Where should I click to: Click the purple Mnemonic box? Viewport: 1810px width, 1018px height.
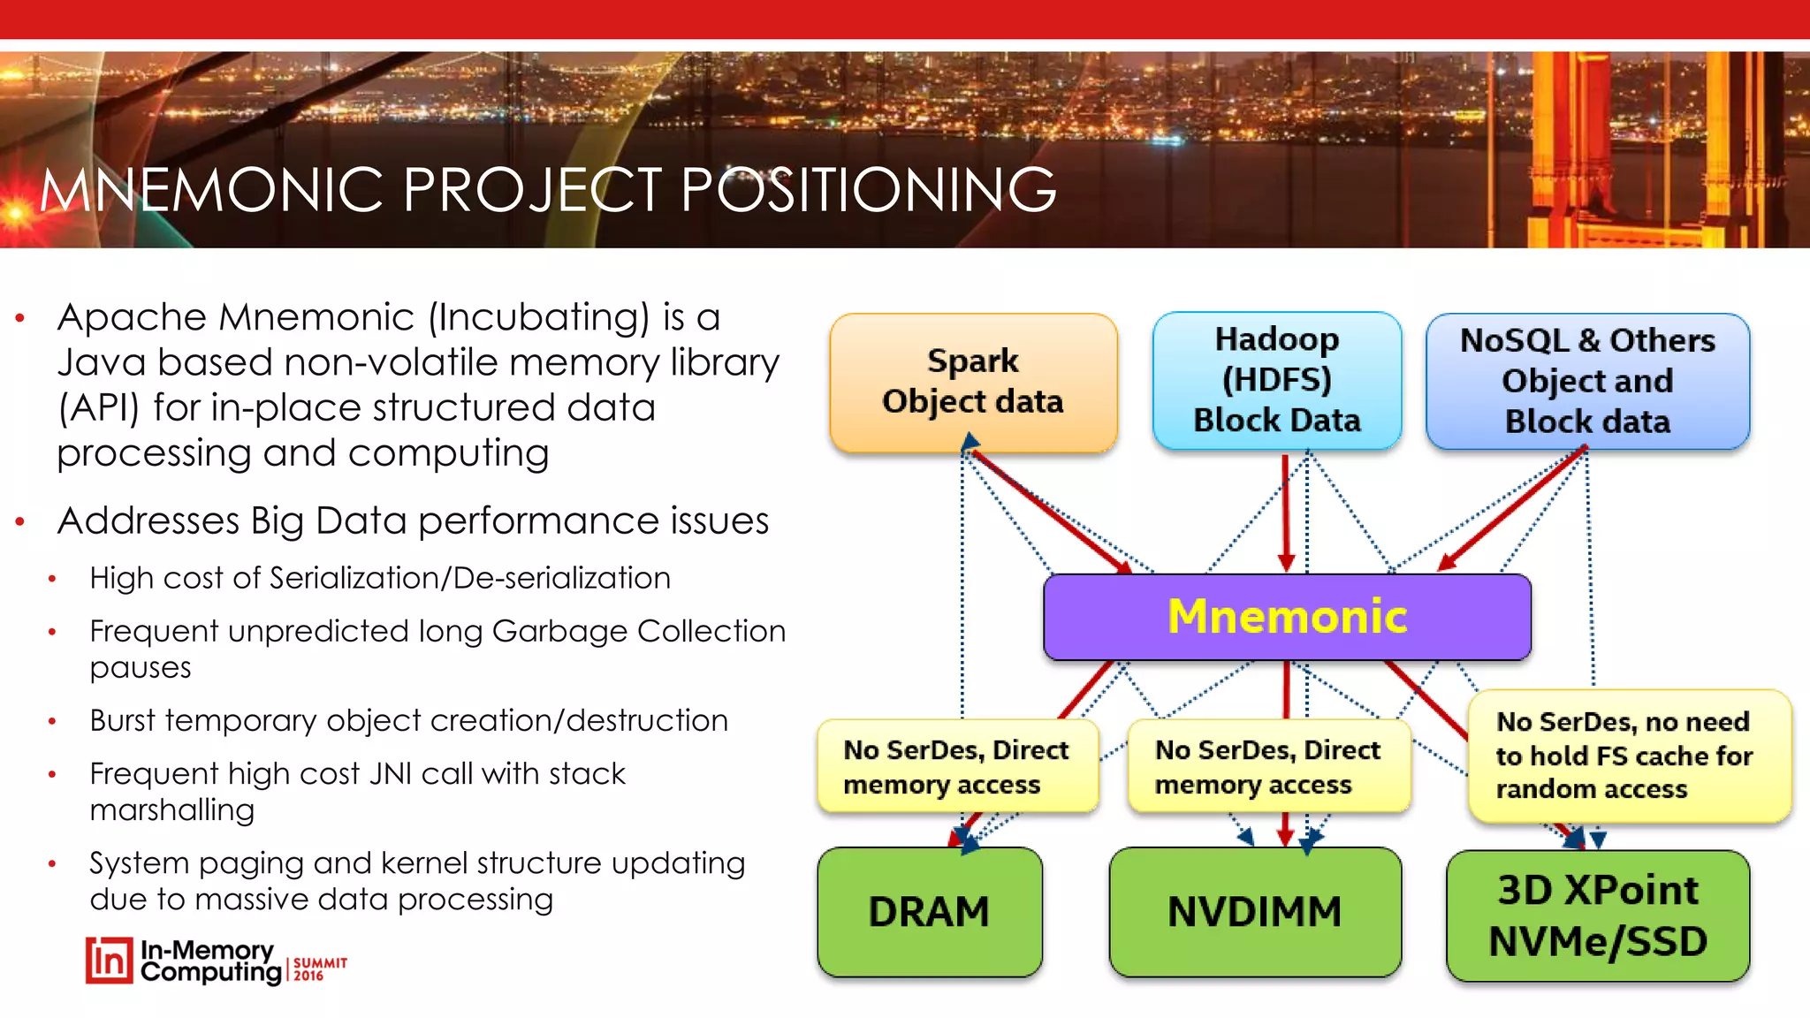click(1287, 617)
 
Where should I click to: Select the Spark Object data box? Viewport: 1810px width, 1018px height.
click(972, 382)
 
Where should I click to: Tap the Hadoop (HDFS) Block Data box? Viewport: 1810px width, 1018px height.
click(1276, 380)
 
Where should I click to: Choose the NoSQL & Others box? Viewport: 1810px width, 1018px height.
click(1587, 381)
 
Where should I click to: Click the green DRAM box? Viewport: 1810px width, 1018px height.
click(929, 912)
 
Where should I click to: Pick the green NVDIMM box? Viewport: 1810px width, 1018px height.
click(1254, 912)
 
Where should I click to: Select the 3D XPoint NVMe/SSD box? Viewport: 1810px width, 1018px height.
click(1597, 915)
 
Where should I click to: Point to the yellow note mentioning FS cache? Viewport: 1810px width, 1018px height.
click(1628, 756)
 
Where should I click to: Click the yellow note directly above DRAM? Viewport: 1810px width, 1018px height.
click(956, 766)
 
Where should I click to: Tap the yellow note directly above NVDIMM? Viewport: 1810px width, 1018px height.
click(1267, 766)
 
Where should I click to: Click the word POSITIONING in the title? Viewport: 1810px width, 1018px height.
click(868, 190)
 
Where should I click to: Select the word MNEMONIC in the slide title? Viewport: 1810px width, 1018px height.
click(210, 190)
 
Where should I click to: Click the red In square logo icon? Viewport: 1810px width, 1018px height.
click(109, 961)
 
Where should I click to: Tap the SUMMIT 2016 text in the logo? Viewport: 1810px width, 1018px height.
click(319, 969)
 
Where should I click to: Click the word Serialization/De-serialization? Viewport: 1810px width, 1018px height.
click(469, 578)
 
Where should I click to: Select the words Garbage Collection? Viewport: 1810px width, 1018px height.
click(638, 631)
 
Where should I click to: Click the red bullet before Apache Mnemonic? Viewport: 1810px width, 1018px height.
click(19, 318)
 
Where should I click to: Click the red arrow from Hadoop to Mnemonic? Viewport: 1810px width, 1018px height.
click(1286, 513)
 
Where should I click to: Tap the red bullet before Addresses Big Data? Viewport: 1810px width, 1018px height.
click(19, 522)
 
